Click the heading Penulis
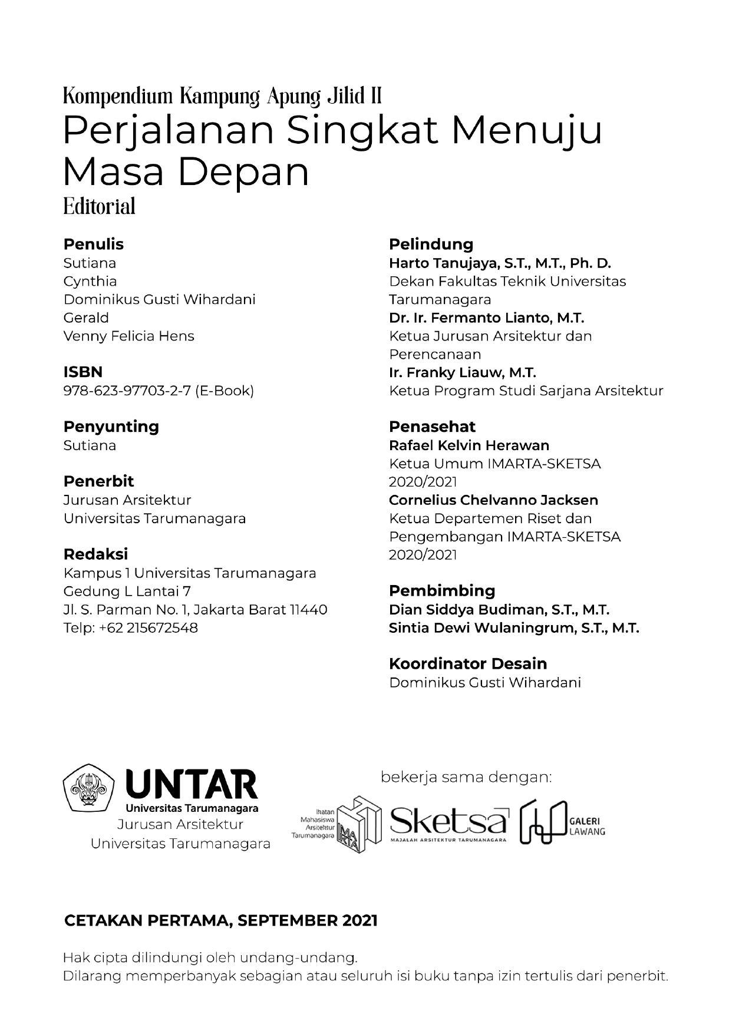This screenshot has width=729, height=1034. coord(93,244)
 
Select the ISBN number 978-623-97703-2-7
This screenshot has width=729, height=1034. coord(128,391)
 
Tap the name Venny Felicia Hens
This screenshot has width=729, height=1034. coord(128,336)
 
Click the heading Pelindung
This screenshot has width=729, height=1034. coord(431,244)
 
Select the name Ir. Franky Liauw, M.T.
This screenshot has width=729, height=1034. coord(462,372)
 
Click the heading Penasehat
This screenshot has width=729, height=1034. coord(432,427)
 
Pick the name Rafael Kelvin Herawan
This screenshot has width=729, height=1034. coord(469,445)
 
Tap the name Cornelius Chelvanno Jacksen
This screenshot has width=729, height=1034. coord(493,500)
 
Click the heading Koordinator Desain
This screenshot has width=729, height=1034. coord(468,663)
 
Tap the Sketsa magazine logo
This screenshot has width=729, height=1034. coord(448,821)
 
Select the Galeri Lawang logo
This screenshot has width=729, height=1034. coord(562,821)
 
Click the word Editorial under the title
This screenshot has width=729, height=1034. coord(99,206)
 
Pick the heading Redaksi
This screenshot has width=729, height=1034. coord(95,554)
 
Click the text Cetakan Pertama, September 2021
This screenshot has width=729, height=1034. coord(220,920)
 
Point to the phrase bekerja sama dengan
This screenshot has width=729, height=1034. coord(466,777)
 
